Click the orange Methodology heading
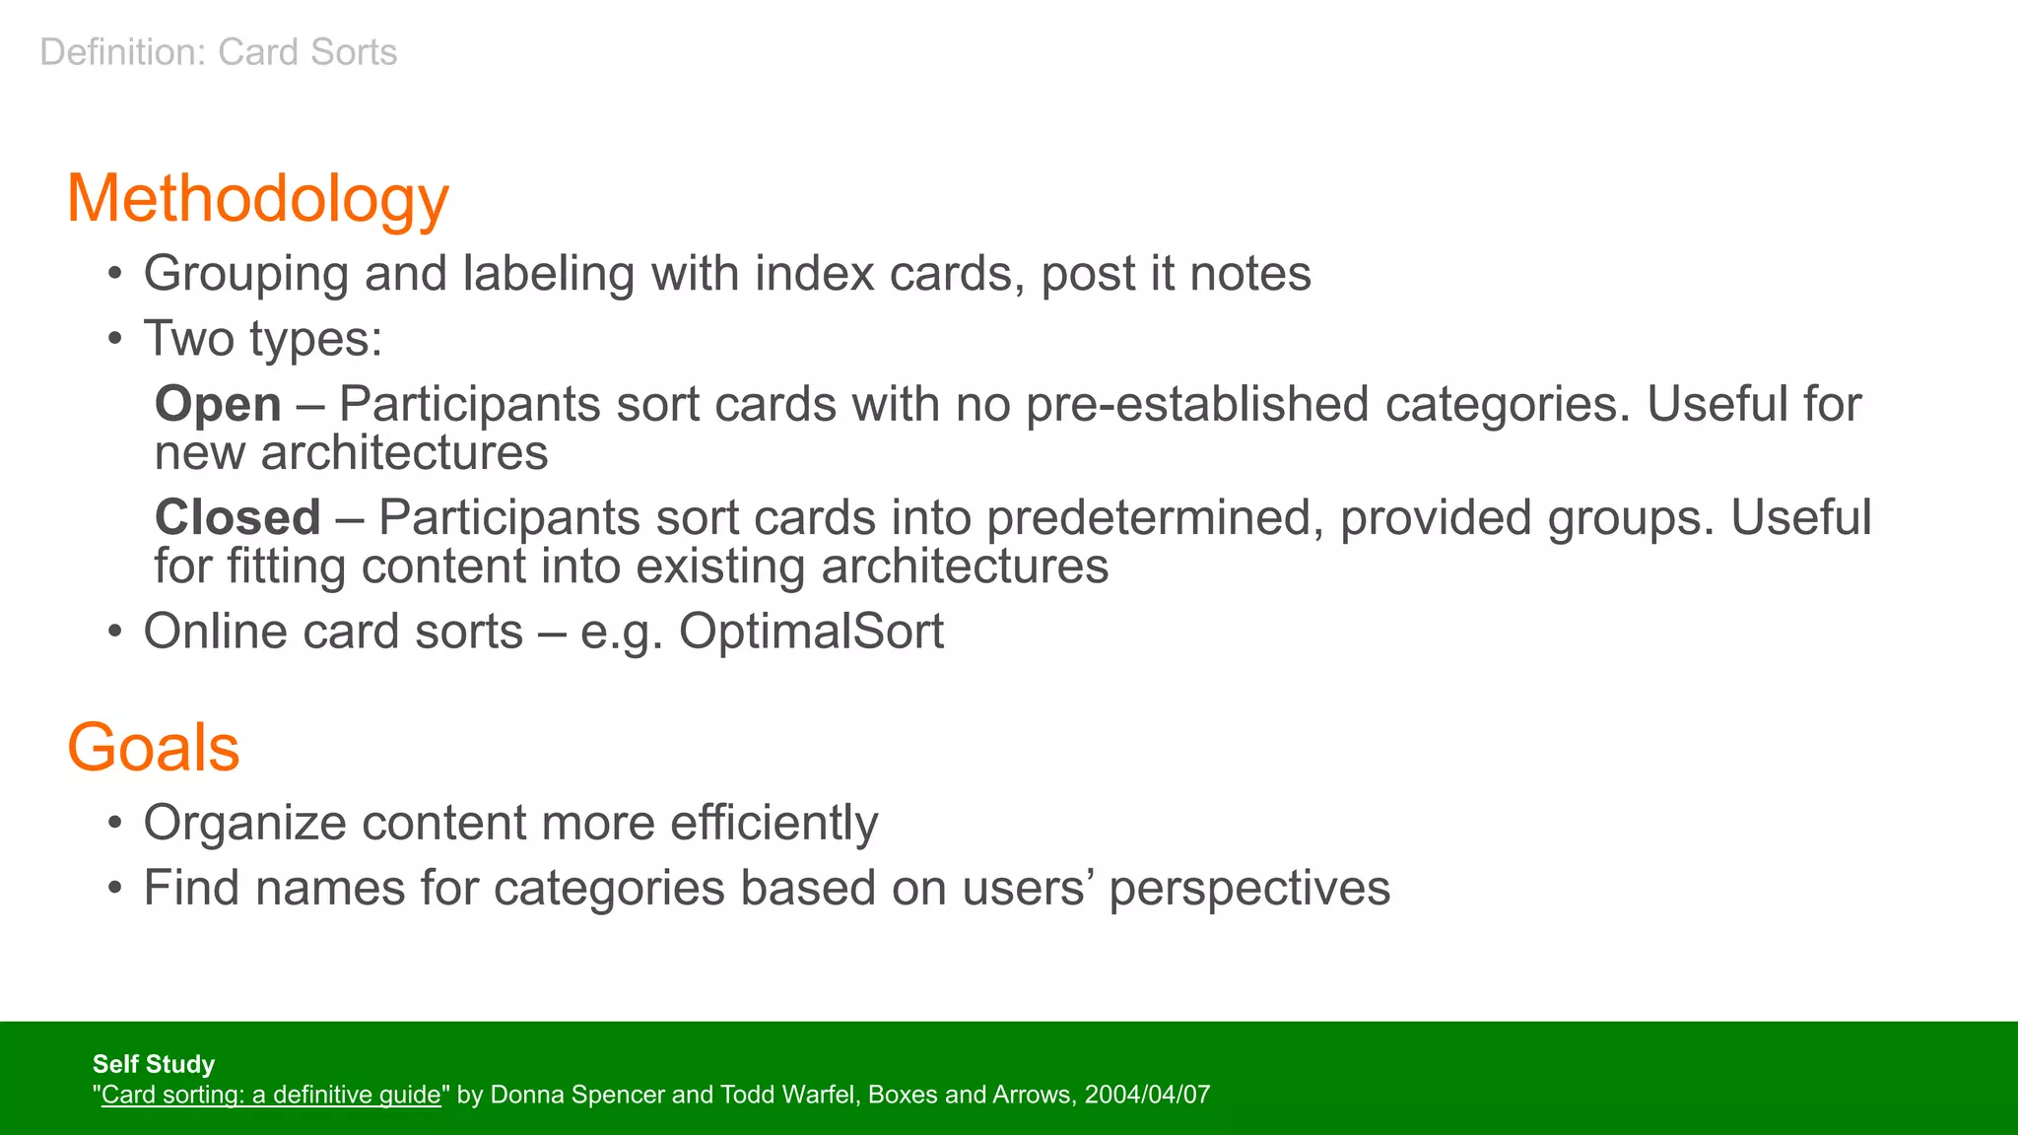257,200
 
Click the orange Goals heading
153,748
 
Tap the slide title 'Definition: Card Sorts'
218,52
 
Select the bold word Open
218,405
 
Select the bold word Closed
237,518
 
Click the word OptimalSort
811,632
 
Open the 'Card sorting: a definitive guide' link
271,1095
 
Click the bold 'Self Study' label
153,1064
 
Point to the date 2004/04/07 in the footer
1147,1095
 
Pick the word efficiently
774,823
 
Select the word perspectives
1249,889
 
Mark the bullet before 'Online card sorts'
115,633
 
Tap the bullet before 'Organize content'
115,824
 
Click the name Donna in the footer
522,1095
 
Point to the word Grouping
245,274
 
